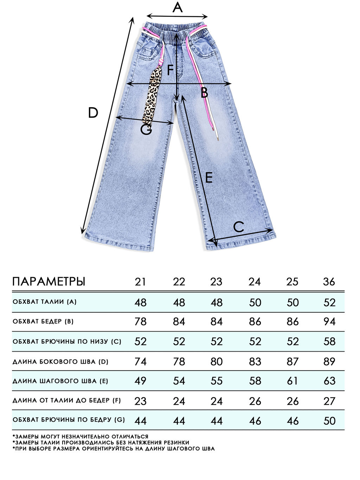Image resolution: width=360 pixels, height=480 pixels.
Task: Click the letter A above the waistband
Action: coord(178,7)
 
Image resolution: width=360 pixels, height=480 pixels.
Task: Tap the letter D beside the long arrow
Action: coord(93,113)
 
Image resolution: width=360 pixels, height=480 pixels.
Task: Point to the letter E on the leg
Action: coord(208,178)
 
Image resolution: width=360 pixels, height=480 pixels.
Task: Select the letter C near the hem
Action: coord(239,227)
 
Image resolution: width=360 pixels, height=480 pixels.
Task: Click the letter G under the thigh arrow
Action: coord(146,130)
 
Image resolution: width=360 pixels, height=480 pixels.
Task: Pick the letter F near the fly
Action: coord(171,70)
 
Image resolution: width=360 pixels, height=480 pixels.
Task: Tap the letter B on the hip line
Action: coord(204,93)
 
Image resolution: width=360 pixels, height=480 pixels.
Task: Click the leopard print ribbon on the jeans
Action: coord(152,95)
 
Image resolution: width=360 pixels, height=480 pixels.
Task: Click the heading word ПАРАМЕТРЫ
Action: coord(49,282)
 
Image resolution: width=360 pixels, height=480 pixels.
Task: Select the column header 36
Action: coord(329,282)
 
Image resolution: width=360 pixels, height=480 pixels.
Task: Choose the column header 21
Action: coord(140,282)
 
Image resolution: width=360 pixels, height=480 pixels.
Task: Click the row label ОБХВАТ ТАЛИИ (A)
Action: coord(44,302)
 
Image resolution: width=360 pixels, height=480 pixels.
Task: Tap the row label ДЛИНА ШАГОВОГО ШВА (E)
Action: coord(60,381)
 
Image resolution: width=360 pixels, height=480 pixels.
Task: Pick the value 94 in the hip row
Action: coord(329,321)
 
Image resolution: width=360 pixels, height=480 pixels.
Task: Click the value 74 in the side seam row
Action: coord(140,361)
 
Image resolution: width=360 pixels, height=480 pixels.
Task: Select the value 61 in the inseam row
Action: coord(292,381)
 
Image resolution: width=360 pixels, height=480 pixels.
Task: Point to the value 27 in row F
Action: coord(329,401)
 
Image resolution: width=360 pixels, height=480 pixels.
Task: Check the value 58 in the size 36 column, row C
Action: coord(329,341)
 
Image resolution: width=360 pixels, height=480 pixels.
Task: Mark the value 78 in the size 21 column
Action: coord(140,321)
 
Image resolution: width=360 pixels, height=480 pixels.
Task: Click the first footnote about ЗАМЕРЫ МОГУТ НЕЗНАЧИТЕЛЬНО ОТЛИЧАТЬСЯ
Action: coord(80,436)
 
